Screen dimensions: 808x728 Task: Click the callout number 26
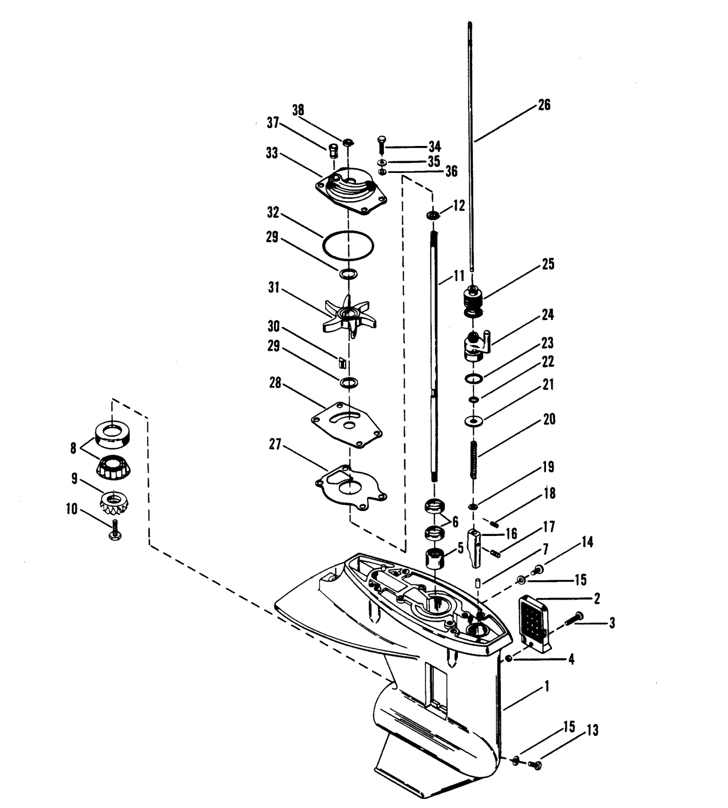(544, 105)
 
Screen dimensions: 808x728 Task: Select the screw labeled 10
(115, 531)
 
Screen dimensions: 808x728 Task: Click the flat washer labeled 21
(474, 420)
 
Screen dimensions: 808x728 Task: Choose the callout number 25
(548, 264)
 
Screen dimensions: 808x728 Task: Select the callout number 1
(547, 686)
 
